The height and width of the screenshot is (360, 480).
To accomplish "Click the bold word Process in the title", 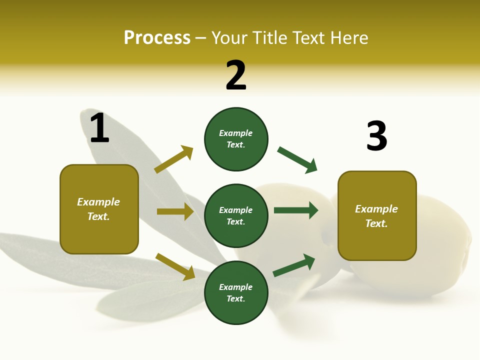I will pyautogui.click(x=157, y=37).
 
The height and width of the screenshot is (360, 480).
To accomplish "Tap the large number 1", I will pyautogui.click(x=99, y=128).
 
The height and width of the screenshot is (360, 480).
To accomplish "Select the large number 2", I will pyautogui.click(x=236, y=75).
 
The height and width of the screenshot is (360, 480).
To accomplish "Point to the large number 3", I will pyautogui.click(x=376, y=136).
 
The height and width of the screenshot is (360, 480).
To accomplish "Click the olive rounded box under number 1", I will pyautogui.click(x=99, y=209).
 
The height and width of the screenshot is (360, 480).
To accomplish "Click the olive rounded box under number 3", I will pyautogui.click(x=377, y=216).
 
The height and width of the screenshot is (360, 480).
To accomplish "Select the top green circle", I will pyautogui.click(x=236, y=139).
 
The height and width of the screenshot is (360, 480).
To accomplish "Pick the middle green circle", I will pyautogui.click(x=236, y=215).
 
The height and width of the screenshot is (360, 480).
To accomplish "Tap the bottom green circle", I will pyautogui.click(x=236, y=292).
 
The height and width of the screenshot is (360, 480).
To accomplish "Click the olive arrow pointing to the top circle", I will pyautogui.click(x=173, y=159).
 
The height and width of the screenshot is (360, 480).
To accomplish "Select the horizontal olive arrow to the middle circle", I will pyautogui.click(x=175, y=211).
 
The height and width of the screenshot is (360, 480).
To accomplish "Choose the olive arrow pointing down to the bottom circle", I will pyautogui.click(x=175, y=266).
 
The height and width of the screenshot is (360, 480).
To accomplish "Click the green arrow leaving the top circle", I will pyautogui.click(x=297, y=160).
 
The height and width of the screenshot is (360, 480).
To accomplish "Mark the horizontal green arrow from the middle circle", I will pyautogui.click(x=296, y=210).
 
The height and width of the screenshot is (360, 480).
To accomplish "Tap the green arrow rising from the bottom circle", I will pyautogui.click(x=294, y=265).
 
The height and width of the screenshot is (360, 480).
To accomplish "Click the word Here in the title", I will pyautogui.click(x=350, y=37).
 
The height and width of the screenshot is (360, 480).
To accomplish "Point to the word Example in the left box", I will pyautogui.click(x=98, y=202).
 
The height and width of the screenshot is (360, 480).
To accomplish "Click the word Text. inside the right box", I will pyautogui.click(x=376, y=223).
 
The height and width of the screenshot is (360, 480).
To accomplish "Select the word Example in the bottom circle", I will pyautogui.click(x=236, y=287).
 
